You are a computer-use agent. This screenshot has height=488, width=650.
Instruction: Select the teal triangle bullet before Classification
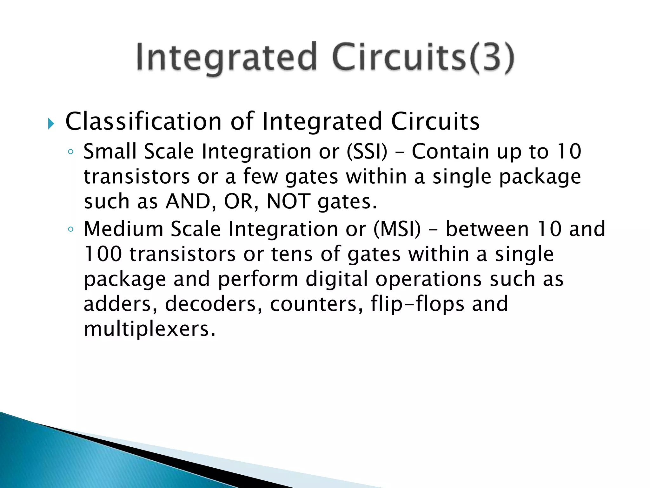click(x=51, y=123)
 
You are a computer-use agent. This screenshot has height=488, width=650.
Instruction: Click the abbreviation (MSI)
click(x=397, y=229)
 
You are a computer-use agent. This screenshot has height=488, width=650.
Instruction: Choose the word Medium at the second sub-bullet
click(x=123, y=229)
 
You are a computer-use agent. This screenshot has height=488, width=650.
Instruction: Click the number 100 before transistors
click(x=103, y=254)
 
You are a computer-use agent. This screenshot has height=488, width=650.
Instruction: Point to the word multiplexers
click(x=149, y=329)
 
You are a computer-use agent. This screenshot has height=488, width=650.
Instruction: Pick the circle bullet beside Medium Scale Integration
click(x=70, y=229)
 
